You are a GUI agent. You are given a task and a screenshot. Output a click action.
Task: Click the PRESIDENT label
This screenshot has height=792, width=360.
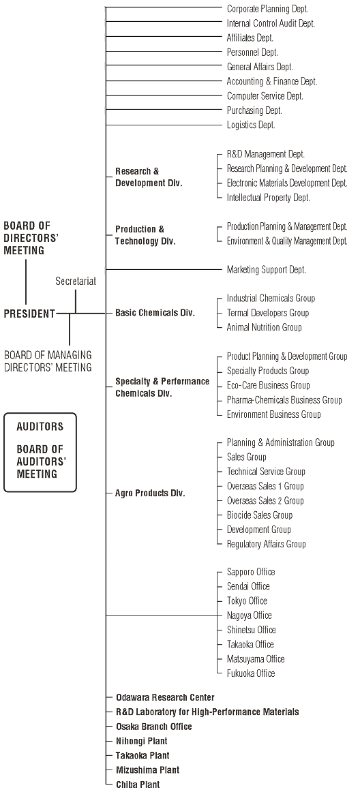pos(29,314)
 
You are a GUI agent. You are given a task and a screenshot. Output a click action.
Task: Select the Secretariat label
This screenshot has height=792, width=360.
pos(76,281)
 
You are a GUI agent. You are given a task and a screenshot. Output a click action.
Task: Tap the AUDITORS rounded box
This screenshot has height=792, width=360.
pos(40,453)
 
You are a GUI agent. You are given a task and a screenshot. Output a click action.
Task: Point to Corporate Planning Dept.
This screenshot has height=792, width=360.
pos(267,9)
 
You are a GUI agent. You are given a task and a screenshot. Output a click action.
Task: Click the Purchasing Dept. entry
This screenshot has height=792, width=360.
pos(254,110)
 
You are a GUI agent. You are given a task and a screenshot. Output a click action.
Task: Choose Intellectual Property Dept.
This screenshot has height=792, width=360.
pos(269,198)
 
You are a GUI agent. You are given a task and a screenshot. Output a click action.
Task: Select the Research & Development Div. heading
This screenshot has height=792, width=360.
pos(149,177)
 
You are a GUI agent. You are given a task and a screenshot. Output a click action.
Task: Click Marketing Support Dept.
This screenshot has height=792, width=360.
pos(267,270)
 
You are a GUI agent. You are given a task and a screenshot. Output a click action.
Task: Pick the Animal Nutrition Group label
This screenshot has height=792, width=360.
pos(264,327)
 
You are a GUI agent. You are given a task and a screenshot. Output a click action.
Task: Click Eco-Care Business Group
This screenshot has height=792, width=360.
pos(268,385)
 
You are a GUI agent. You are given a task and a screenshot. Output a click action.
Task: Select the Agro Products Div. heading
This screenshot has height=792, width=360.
pos(150,493)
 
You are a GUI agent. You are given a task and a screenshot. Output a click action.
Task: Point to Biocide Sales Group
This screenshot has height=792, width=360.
pos(259,515)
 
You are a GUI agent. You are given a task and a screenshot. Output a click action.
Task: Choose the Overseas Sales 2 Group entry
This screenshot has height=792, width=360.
pos(265,500)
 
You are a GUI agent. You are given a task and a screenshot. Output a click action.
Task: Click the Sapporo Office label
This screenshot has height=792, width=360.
pos(251,572)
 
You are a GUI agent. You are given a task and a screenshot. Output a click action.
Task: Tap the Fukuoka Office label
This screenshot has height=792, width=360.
pos(251,673)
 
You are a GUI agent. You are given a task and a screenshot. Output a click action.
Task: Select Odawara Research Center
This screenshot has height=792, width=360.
pos(165,697)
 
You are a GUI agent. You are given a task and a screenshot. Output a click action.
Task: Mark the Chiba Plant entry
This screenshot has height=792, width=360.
pos(138,785)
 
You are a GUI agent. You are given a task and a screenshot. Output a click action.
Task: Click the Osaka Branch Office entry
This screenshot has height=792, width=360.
pos(153,727)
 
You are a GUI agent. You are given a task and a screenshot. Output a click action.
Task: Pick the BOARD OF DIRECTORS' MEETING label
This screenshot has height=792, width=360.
pos(31,237)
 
